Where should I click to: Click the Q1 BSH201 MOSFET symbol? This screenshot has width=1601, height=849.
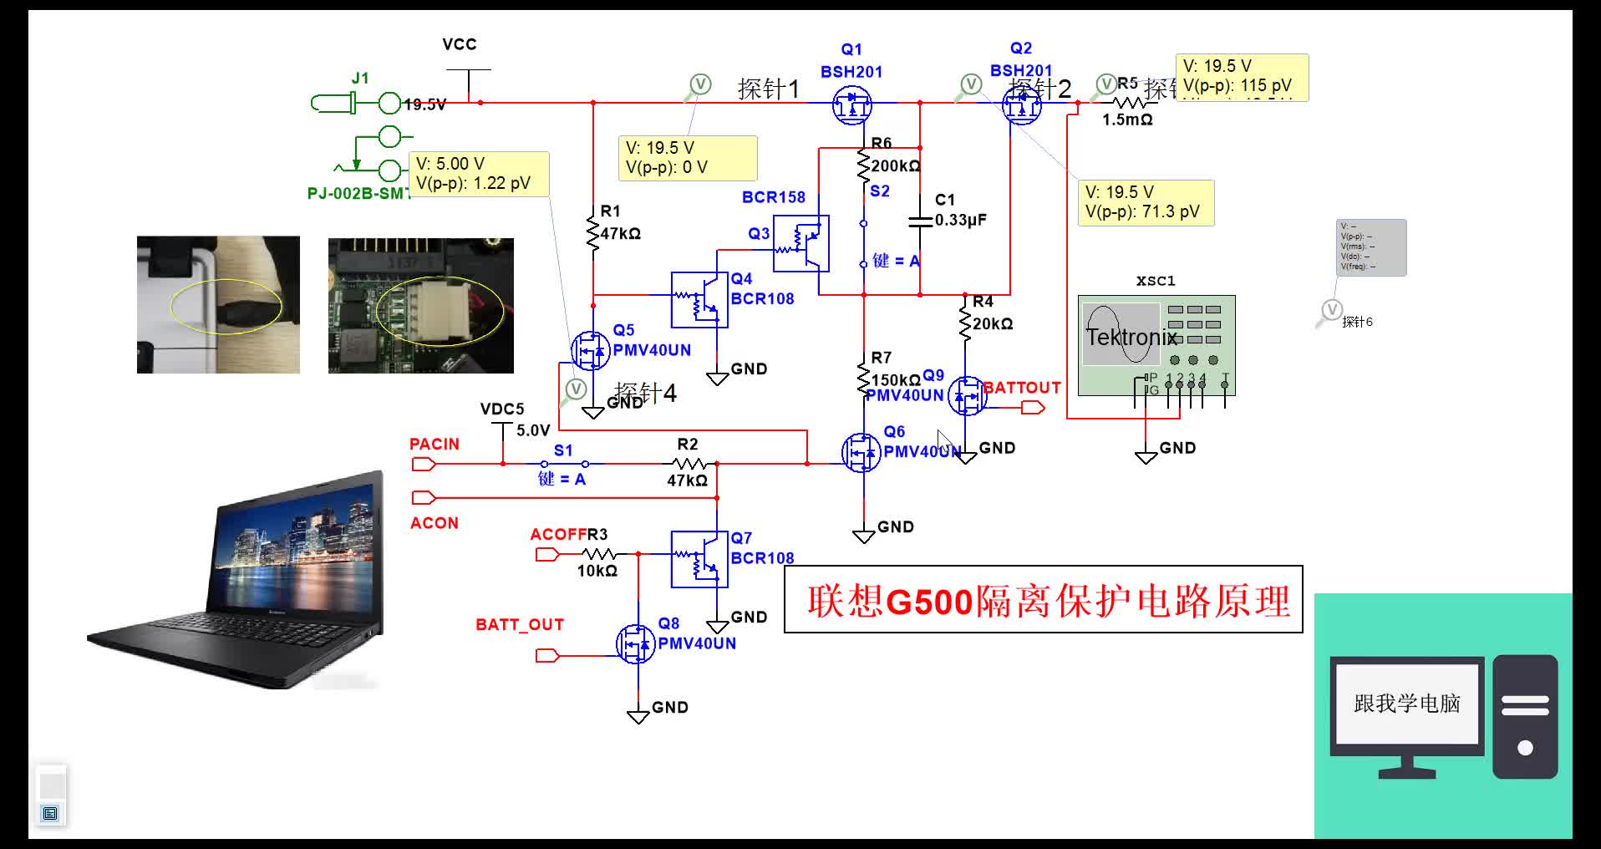pyautogui.click(x=851, y=106)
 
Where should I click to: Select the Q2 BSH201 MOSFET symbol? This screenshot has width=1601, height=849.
pyautogui.click(x=1021, y=106)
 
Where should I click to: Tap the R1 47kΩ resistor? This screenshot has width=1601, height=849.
pyautogui.click(x=593, y=232)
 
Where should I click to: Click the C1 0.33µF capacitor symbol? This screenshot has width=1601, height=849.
pyautogui.click(x=920, y=221)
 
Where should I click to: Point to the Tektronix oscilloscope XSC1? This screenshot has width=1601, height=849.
pyautogui.click(x=1156, y=344)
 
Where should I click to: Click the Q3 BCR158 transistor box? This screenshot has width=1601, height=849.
pyautogui.click(x=800, y=243)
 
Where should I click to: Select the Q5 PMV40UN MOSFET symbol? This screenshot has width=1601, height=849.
pyautogui.click(x=591, y=350)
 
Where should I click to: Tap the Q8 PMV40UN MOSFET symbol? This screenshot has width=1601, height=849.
pyautogui.click(x=636, y=643)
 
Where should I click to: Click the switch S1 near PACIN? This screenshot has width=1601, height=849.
pyautogui.click(x=564, y=463)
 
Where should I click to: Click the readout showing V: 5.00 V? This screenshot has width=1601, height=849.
pyautogui.click(x=478, y=174)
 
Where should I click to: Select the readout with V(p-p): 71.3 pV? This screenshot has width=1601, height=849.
pyautogui.click(x=1144, y=202)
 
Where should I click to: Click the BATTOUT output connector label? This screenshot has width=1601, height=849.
pyautogui.click(x=1021, y=388)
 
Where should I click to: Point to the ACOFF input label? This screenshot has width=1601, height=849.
pyautogui.click(x=558, y=535)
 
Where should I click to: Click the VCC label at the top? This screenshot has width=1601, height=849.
pyautogui.click(x=459, y=44)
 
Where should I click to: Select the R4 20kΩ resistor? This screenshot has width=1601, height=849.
pyautogui.click(x=966, y=323)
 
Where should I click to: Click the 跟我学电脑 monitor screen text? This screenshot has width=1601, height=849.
pyautogui.click(x=1406, y=704)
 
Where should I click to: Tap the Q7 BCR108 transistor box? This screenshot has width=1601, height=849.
pyautogui.click(x=699, y=559)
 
